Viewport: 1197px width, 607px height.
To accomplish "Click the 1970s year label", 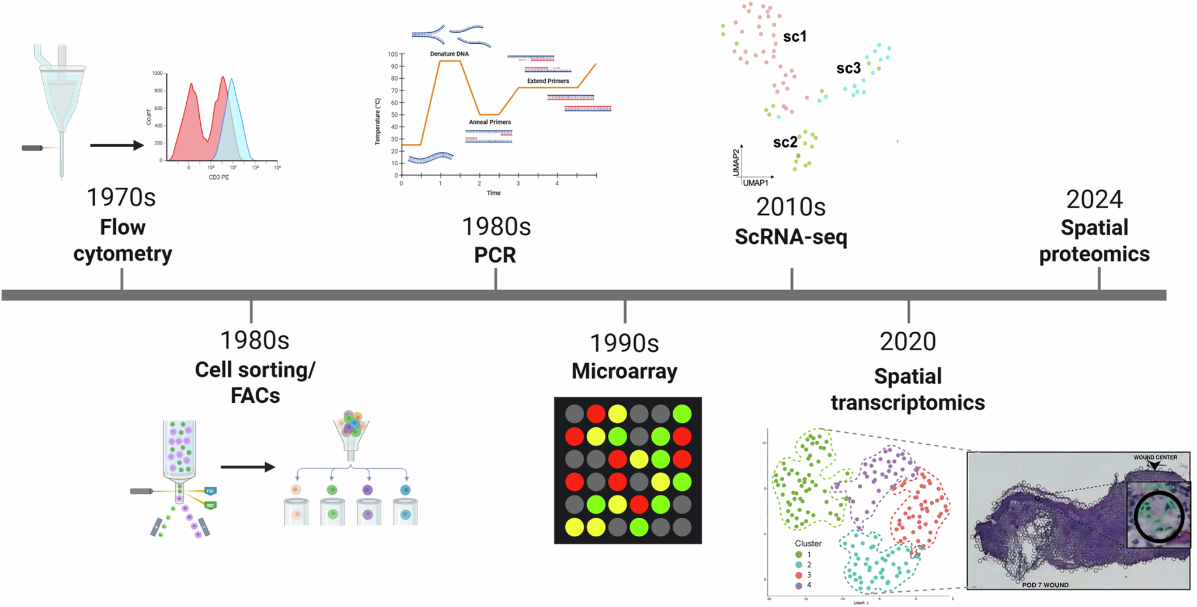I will pyautogui.click(x=121, y=198).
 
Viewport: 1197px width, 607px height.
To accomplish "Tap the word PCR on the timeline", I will pyautogui.click(x=495, y=255).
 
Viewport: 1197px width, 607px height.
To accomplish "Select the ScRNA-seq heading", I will pyautogui.click(x=791, y=237).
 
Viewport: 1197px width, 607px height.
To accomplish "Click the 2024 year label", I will pyautogui.click(x=1094, y=200).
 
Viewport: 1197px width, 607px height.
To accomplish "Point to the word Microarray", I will pyautogui.click(x=624, y=371).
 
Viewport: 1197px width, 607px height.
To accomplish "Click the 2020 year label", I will pyautogui.click(x=908, y=342).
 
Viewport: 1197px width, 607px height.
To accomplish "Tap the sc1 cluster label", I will pyautogui.click(x=794, y=37).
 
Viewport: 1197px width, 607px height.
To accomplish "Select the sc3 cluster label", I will pyautogui.click(x=848, y=69).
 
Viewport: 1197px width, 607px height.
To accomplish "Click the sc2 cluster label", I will pyautogui.click(x=785, y=142).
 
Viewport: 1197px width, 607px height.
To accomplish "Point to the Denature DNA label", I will pyautogui.click(x=449, y=54).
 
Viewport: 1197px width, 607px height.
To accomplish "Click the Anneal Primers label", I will pyautogui.click(x=490, y=122).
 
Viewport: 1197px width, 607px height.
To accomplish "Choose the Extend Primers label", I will pyautogui.click(x=548, y=81).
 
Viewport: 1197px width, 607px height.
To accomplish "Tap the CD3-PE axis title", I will pyautogui.click(x=219, y=177).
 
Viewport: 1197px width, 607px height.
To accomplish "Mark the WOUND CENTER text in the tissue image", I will pyautogui.click(x=1155, y=458).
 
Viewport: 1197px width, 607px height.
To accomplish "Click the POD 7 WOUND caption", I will pyautogui.click(x=1045, y=585).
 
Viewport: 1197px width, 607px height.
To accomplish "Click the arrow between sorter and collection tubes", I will pyautogui.click(x=248, y=467).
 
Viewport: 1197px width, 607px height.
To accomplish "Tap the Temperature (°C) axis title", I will pyautogui.click(x=378, y=121).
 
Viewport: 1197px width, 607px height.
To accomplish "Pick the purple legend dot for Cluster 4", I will pyautogui.click(x=798, y=585).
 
